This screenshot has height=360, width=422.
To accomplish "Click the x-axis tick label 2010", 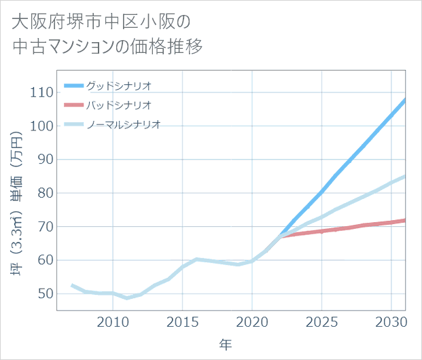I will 113,321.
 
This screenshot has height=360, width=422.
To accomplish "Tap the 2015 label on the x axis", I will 182,321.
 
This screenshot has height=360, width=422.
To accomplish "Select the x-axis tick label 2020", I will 252,321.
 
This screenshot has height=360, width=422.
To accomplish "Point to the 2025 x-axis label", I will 321,321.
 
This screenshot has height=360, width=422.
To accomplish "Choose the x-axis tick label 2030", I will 391,321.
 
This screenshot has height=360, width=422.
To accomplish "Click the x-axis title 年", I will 225,344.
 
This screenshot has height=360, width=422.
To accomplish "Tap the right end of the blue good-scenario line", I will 405,100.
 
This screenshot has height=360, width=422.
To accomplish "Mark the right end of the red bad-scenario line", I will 405,220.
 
